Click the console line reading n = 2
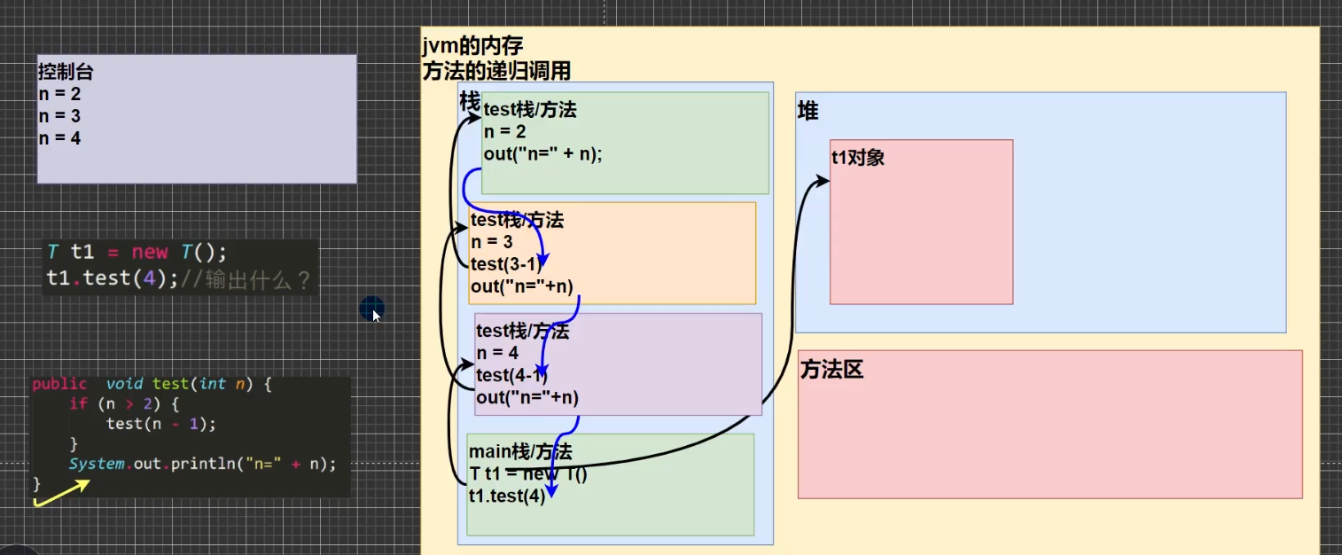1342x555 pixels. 59,93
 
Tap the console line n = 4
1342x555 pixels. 59,137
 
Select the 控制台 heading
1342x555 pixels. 66,71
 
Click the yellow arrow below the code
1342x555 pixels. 62,494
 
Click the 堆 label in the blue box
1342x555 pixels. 808,112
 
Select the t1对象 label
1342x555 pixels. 857,159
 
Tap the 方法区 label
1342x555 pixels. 831,371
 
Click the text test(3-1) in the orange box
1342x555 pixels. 505,264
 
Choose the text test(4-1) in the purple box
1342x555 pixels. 511,376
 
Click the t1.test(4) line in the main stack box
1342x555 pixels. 507,496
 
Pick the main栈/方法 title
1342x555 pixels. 520,453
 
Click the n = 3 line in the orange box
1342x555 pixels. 491,242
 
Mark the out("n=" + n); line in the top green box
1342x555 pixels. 542,153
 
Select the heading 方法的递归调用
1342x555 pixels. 496,71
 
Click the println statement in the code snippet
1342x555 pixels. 203,464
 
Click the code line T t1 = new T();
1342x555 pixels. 137,252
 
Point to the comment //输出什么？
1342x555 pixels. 246,280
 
